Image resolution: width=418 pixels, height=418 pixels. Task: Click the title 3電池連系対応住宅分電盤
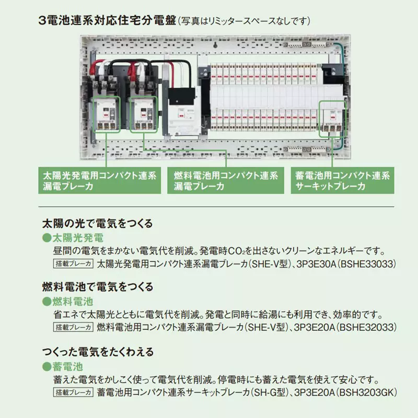tap(107, 21)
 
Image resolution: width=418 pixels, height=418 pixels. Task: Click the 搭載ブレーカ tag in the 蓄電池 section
tap(73, 392)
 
